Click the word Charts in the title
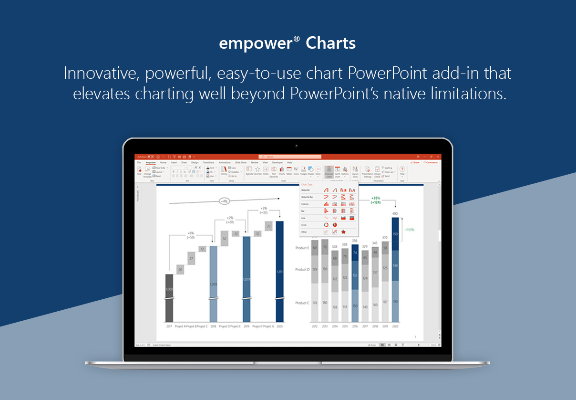coord(330,43)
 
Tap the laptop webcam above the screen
coord(296,146)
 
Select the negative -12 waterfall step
coord(235,234)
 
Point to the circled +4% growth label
coord(224,201)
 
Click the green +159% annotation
coord(410,230)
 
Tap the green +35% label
coord(376,198)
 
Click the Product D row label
coord(302,270)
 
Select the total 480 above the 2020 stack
coord(395,213)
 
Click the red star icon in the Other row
coord(343,232)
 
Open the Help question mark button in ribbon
coord(401,169)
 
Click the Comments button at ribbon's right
coord(431,162)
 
